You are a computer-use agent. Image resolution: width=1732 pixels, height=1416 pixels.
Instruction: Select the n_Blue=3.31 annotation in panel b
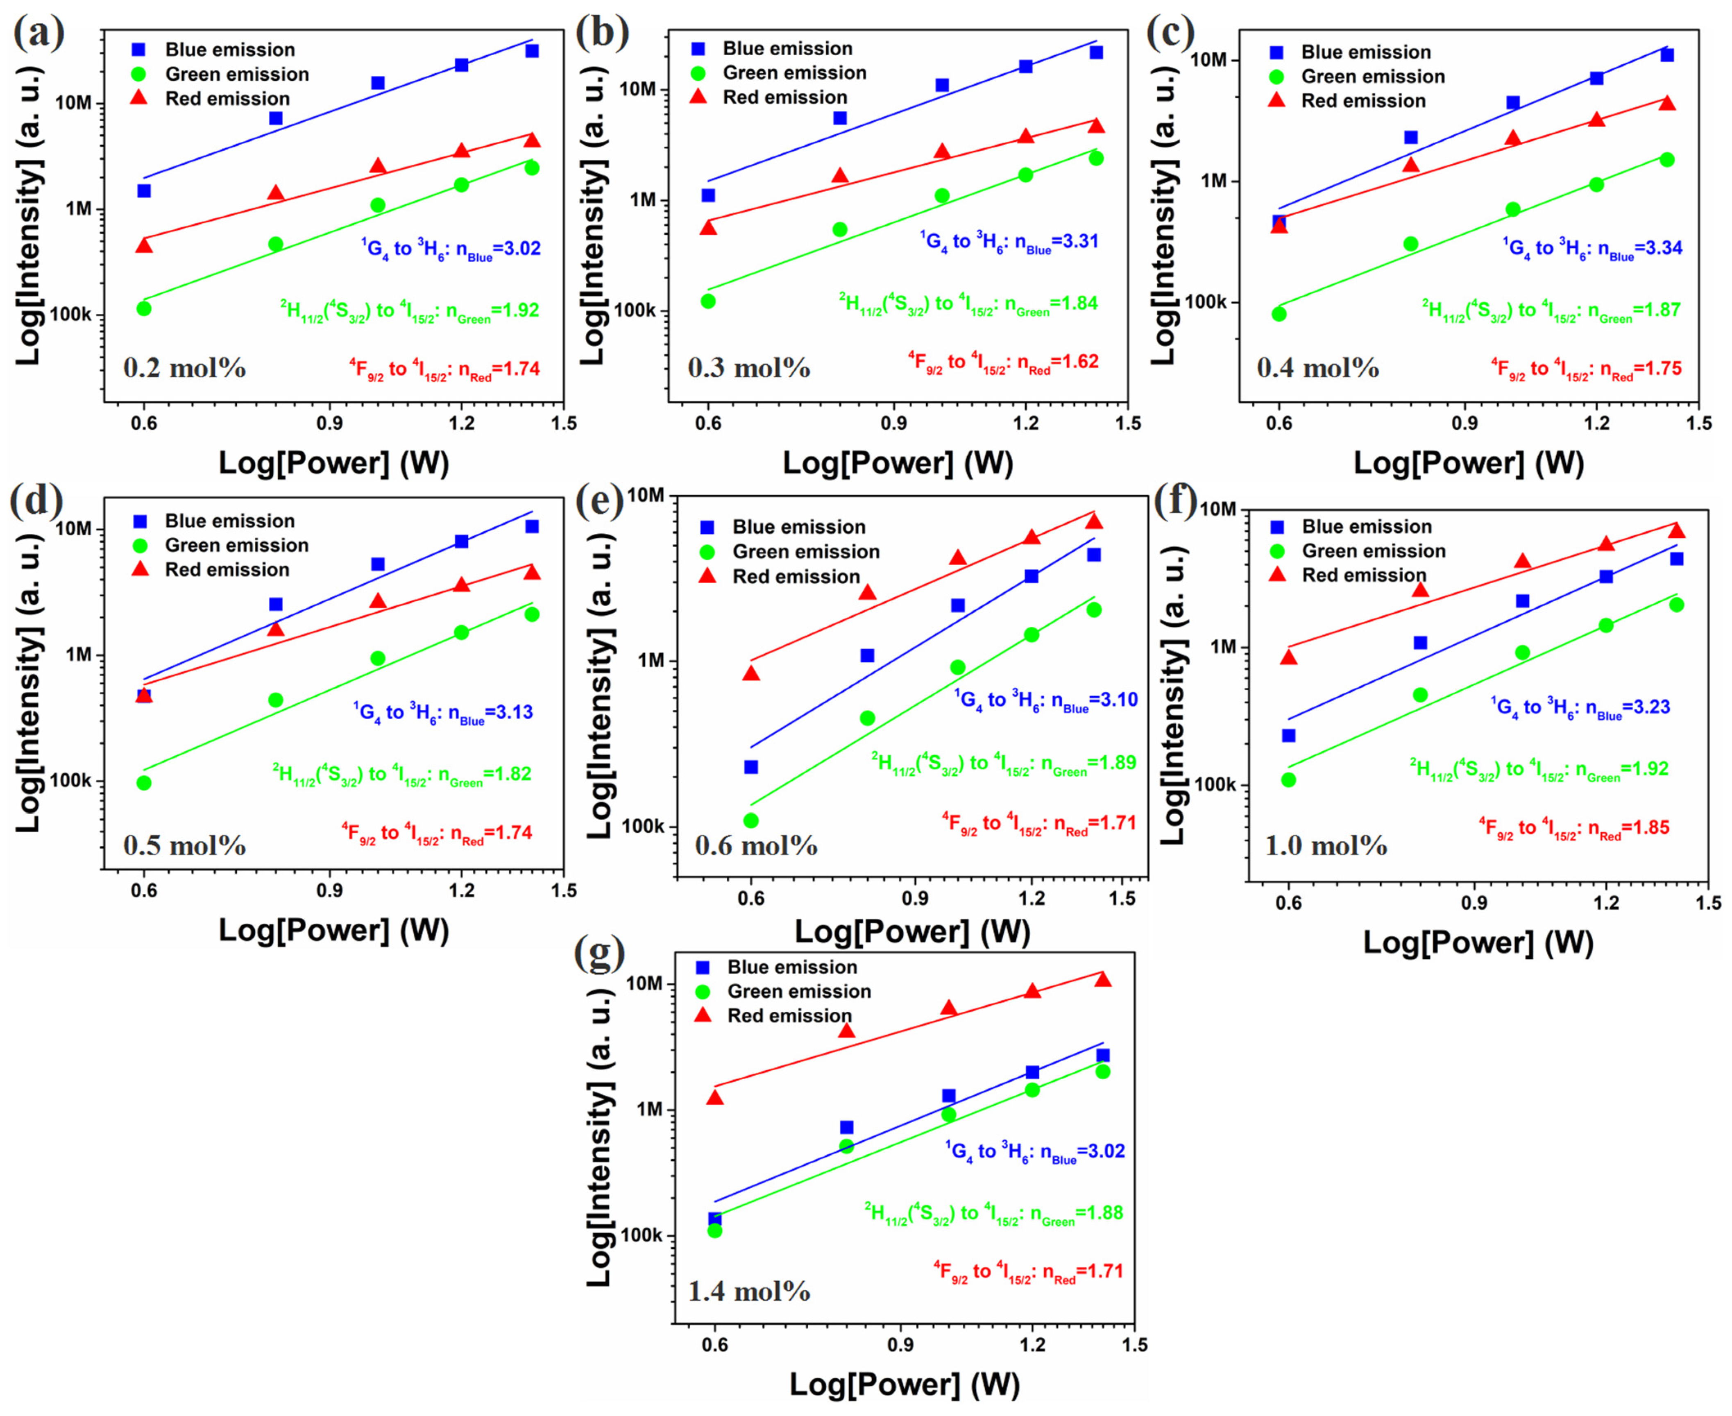pos(1009,242)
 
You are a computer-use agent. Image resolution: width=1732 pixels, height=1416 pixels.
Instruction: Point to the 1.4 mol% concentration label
pos(749,1291)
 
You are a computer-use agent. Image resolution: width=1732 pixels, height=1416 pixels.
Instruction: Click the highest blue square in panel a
pos(532,50)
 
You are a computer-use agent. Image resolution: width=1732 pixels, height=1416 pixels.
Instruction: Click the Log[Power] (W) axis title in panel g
pos(904,1384)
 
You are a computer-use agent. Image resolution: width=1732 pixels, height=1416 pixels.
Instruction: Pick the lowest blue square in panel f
pos(1288,736)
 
